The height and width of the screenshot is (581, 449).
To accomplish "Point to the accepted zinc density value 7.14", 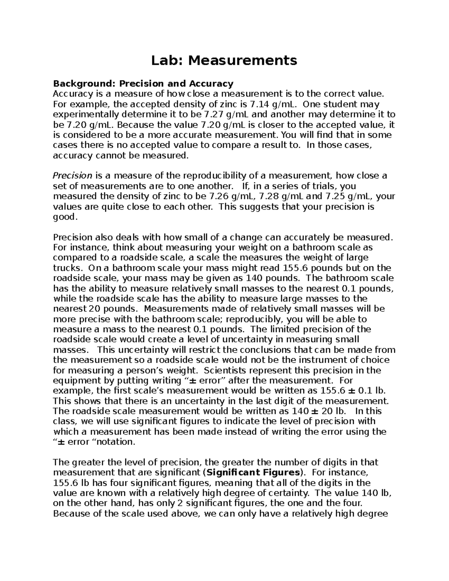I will click(x=258, y=104).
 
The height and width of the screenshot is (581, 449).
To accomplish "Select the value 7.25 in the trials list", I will click(x=335, y=196).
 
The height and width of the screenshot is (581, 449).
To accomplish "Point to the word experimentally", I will click(x=85, y=114).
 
